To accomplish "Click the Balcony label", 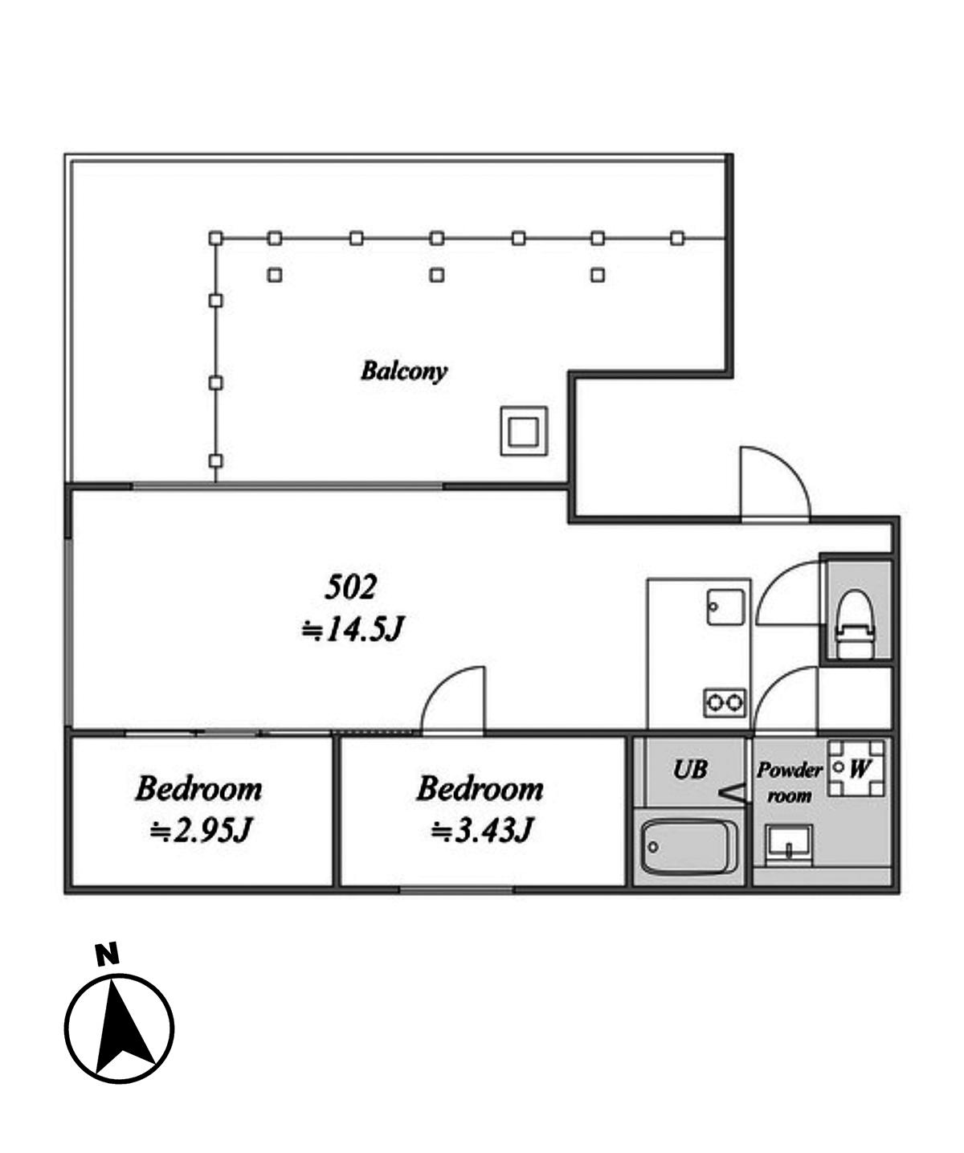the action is [x=403, y=371].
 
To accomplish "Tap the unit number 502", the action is [x=350, y=587].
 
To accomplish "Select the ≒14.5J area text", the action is [x=352, y=629].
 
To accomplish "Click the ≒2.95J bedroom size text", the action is [x=200, y=830].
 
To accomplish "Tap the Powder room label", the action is [x=789, y=783].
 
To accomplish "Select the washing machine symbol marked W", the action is [x=856, y=768].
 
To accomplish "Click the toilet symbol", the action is [x=856, y=624].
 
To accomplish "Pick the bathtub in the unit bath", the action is [x=689, y=847].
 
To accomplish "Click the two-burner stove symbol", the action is [x=725, y=703].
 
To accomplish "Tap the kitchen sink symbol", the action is [x=725, y=607].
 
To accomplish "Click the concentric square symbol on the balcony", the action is [x=524, y=431].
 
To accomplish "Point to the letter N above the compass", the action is [x=107, y=954].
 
